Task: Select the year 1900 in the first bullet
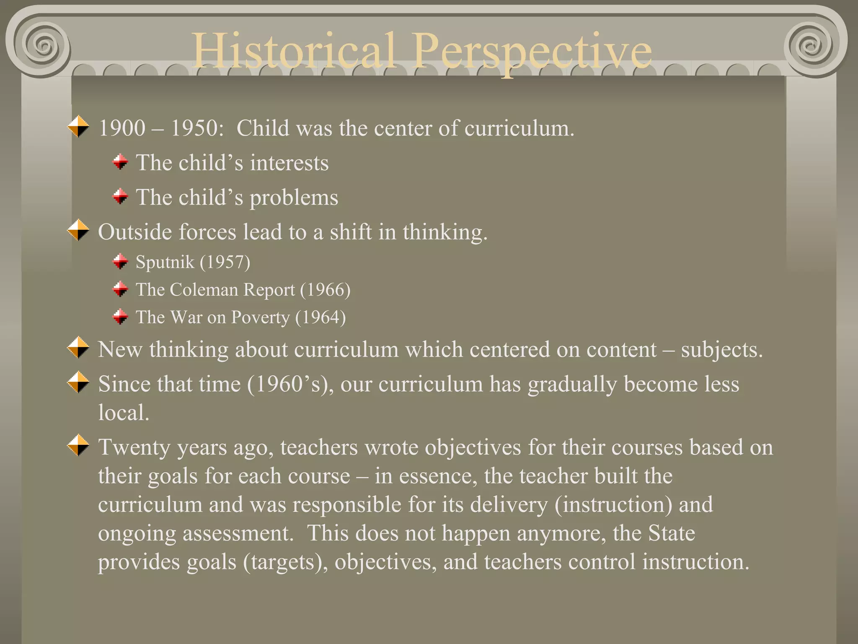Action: (x=121, y=128)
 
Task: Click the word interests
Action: (x=289, y=163)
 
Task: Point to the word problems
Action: (x=294, y=198)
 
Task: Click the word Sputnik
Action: (x=165, y=262)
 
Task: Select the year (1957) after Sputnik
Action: (x=225, y=262)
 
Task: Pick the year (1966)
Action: (x=325, y=290)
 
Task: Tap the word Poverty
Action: (x=260, y=318)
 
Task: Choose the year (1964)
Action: (x=320, y=318)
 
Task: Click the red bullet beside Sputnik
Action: (x=121, y=262)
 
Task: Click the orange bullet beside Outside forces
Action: (x=78, y=230)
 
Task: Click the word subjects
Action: (x=721, y=350)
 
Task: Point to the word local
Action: (x=123, y=413)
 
